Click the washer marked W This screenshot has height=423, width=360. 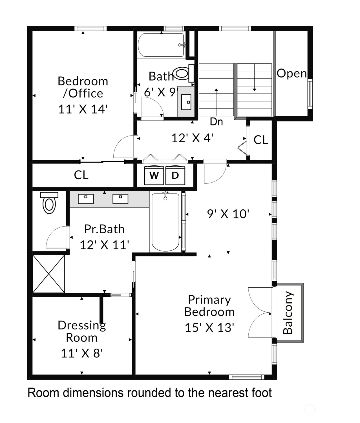[x=154, y=175]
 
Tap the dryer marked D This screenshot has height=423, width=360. [x=175, y=175]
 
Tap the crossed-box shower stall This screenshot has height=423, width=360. [x=49, y=274]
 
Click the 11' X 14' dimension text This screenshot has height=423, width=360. [x=83, y=109]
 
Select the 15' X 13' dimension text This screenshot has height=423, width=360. [x=209, y=327]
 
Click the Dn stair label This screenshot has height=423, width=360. [x=216, y=122]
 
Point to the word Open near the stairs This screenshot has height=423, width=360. [x=291, y=73]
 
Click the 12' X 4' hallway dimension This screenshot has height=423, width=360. [x=192, y=138]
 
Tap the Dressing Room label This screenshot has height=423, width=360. [x=81, y=331]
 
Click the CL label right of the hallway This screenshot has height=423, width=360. [x=261, y=140]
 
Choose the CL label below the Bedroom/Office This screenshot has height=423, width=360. [x=81, y=175]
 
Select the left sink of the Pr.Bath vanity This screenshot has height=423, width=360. [x=85, y=199]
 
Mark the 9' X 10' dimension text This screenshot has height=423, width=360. [x=228, y=214]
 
